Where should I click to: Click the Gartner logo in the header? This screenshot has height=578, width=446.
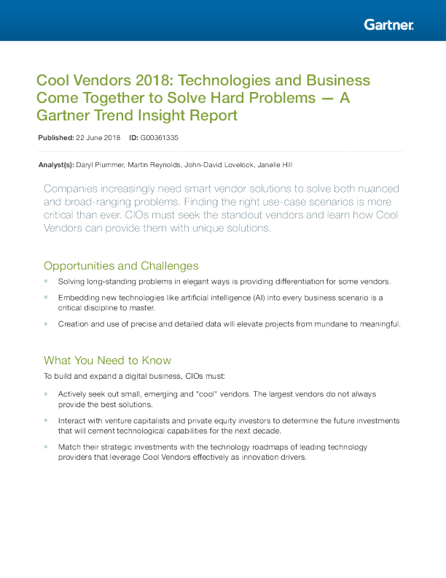point(388,25)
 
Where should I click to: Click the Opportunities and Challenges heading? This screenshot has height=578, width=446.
point(121,265)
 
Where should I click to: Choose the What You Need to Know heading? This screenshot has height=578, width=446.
point(107,360)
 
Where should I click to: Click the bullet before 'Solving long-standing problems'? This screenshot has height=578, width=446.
point(46,281)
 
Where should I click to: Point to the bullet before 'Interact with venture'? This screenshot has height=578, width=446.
point(46,420)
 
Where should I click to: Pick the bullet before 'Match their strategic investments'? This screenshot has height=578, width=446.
point(46,446)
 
